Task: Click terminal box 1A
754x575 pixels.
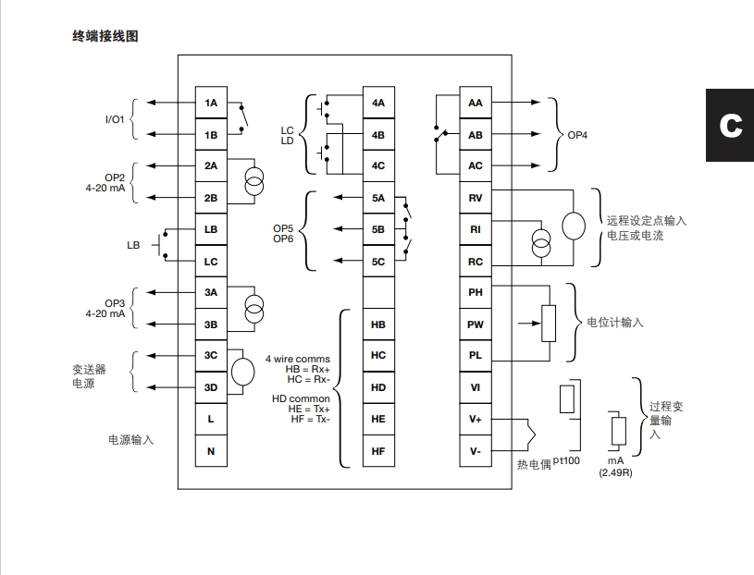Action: point(211,103)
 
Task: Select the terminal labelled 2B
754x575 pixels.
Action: point(211,198)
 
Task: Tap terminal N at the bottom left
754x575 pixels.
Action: point(211,450)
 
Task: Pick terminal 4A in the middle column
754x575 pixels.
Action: point(378,103)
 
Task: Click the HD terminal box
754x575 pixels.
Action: point(378,387)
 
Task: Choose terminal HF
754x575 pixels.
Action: point(378,450)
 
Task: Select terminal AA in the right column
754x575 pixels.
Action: point(476,103)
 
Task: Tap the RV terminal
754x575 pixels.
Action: point(476,198)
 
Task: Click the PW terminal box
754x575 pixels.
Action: point(476,324)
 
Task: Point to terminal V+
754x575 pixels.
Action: point(476,419)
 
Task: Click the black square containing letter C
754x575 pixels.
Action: point(730,125)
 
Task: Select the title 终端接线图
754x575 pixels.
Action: point(105,37)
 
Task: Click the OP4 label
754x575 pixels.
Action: point(577,135)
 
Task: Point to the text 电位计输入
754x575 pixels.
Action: point(615,324)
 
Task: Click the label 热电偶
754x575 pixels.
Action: point(533,465)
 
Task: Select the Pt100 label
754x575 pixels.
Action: point(566,460)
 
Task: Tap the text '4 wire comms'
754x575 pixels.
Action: point(298,359)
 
